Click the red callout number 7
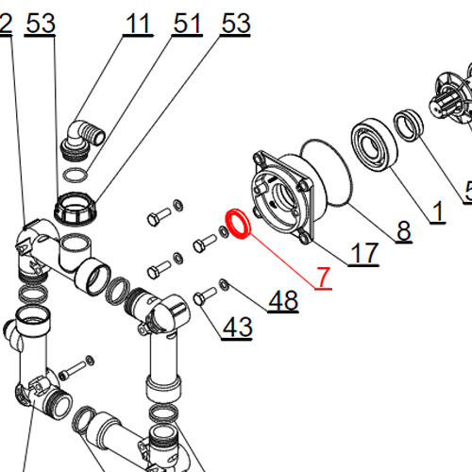[x=324, y=277]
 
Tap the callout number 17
[x=364, y=253]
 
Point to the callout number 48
[x=283, y=300]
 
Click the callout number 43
[x=237, y=327]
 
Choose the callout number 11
[x=137, y=24]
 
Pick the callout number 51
[x=187, y=24]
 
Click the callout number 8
[x=404, y=230]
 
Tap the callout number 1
[x=438, y=211]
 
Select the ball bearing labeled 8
[x=374, y=144]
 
